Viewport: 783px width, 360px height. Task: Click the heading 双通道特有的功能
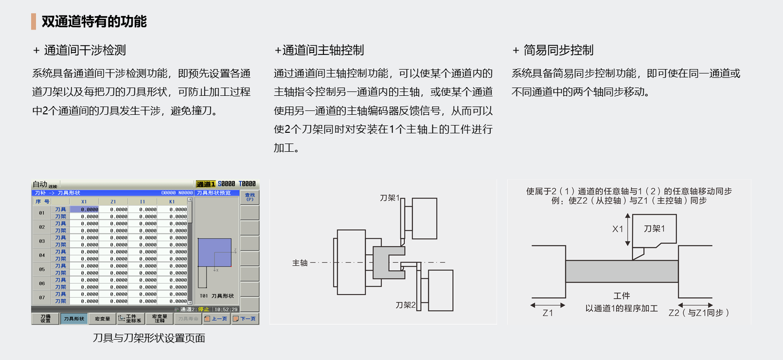pyautogui.click(x=94, y=21)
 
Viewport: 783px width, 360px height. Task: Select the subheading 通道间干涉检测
pyautogui.click(x=85, y=50)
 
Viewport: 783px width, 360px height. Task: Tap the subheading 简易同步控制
pyautogui.click(x=558, y=50)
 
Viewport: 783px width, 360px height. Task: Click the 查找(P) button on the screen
pyautogui.click(x=249, y=197)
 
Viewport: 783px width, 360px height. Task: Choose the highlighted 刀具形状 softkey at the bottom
pyautogui.click(x=74, y=319)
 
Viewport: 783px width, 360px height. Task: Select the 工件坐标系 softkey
pyautogui.click(x=130, y=319)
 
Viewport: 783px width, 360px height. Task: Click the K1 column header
pyautogui.click(x=172, y=201)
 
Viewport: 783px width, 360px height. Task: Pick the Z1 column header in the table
pyautogui.click(x=113, y=201)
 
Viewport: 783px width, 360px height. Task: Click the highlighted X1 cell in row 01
pyautogui.click(x=85, y=210)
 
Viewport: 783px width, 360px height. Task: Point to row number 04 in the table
pyautogui.click(x=42, y=255)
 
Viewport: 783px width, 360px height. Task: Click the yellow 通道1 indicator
pyautogui.click(x=206, y=184)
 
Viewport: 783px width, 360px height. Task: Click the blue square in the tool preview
pyautogui.click(x=214, y=252)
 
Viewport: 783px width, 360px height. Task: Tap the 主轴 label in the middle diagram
pyautogui.click(x=300, y=263)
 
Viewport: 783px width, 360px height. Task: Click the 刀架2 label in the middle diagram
pyautogui.click(x=405, y=305)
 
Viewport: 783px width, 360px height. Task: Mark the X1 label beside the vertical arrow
pyautogui.click(x=617, y=229)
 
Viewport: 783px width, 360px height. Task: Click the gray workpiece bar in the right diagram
pyautogui.click(x=622, y=271)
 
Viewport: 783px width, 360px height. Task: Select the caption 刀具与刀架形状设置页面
pyautogui.click(x=149, y=338)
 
